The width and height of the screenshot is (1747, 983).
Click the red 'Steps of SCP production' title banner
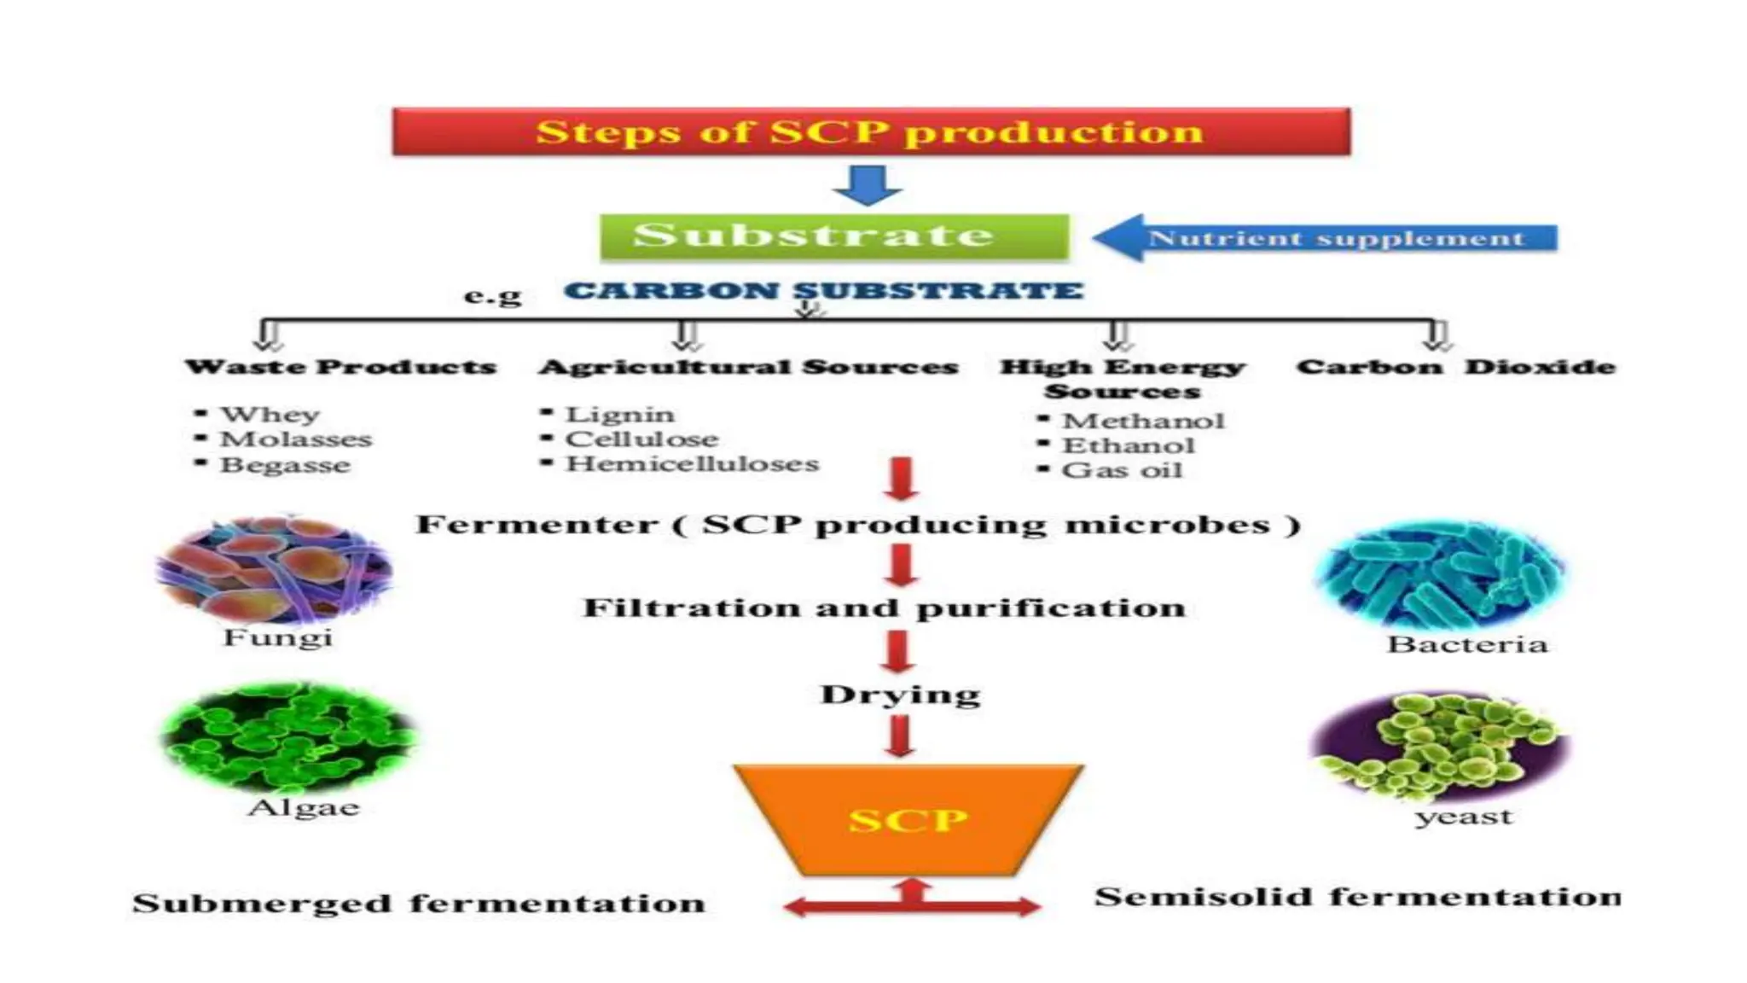coord(870,131)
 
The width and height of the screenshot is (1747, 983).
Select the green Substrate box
coord(833,236)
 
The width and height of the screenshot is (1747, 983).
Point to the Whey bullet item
coord(270,414)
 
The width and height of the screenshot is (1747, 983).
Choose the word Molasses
coord(296,439)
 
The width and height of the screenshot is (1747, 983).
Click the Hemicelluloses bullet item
coord(692,464)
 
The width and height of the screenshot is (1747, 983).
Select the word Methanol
coord(1142,421)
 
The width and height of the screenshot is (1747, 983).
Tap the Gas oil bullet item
coord(1121,470)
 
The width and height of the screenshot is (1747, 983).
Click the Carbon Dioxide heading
coord(1455,367)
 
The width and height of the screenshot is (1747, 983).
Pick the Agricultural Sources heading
coord(748,367)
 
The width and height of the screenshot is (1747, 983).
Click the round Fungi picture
coord(275,570)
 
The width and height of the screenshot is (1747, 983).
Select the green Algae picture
coord(288,736)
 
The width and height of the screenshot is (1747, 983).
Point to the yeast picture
coord(1439,747)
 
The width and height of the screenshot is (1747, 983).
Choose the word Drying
coord(900,695)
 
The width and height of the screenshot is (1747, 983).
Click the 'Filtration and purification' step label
coord(884,608)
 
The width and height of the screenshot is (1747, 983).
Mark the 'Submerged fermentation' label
coord(419,904)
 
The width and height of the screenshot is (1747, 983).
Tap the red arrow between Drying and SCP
coord(900,736)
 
